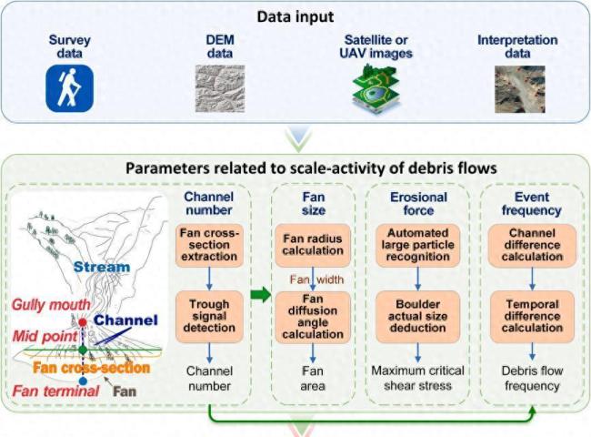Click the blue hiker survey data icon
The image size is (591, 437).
coord(69,89)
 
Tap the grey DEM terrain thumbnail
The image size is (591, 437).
coord(221,89)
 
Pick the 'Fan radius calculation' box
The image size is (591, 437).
coord(313,246)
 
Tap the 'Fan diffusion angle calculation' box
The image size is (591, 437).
coord(313,319)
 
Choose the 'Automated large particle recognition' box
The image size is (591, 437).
coord(417,246)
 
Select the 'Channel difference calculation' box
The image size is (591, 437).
coord(532,246)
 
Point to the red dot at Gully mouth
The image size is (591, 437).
coord(83,322)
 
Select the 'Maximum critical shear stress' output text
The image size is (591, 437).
coord(417,378)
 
